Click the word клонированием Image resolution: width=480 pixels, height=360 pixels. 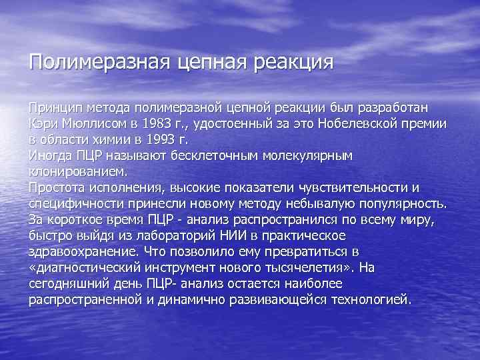[x=79, y=171]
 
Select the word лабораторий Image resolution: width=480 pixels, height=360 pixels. [x=167, y=235]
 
